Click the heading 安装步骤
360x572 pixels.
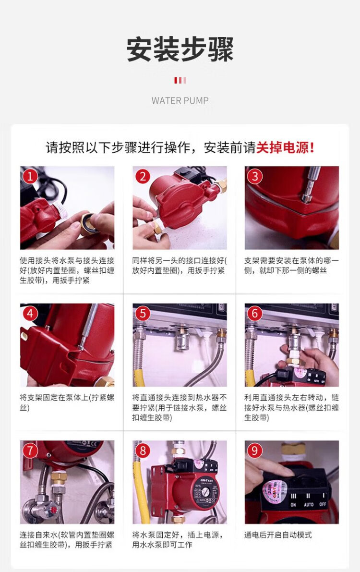(x=180, y=49)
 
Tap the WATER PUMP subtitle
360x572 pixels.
(x=180, y=101)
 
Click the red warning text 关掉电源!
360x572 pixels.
(x=285, y=147)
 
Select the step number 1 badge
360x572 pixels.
(x=30, y=177)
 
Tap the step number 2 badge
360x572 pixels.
(x=143, y=177)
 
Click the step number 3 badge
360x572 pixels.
(x=254, y=177)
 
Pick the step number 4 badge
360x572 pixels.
(x=30, y=313)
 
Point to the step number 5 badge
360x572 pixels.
(x=143, y=313)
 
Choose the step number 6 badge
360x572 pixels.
(x=254, y=313)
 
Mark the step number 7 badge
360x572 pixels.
(x=30, y=450)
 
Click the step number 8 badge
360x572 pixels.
(x=143, y=450)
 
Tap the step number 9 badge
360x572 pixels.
(x=254, y=450)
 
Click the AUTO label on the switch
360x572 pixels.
(x=309, y=504)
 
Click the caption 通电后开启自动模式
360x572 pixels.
(x=278, y=535)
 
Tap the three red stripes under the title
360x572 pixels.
(x=180, y=80)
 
